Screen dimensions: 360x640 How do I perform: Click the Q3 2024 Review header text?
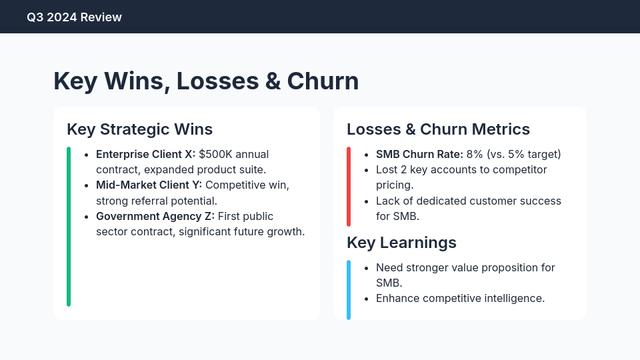74,17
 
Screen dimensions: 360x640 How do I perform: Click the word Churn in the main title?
323,81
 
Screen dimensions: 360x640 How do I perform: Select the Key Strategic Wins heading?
139,129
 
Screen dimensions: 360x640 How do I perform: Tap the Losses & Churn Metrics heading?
438,129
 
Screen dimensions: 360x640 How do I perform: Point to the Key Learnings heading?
401,242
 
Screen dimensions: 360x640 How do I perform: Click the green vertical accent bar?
69,227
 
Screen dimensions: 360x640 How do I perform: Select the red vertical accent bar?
349,186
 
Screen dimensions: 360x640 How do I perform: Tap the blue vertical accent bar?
349,289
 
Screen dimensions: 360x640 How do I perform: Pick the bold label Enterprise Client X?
145,154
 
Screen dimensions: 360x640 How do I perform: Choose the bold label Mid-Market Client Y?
148,185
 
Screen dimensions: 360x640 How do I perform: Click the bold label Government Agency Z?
155,216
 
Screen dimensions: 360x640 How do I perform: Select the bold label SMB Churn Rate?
419,154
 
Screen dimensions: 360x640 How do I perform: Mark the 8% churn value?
475,154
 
